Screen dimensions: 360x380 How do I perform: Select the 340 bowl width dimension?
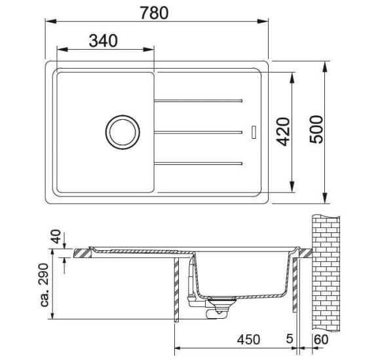coord(103,41)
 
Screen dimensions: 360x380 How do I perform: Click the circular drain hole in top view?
coord(122,132)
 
